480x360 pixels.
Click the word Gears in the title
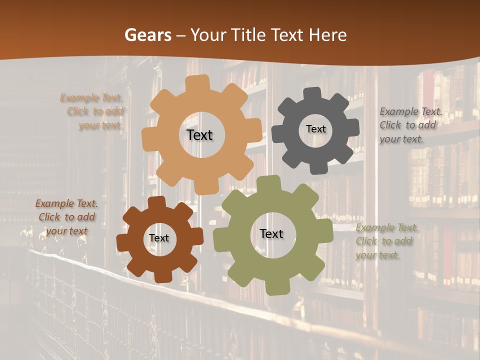pos(148,35)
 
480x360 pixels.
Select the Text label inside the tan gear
pos(199,135)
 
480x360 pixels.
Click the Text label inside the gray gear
pos(315,129)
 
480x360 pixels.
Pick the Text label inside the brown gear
pos(159,238)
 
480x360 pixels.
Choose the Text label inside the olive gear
pos(271,233)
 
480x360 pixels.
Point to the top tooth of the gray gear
pos(312,93)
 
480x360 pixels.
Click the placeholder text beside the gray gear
pos(410,125)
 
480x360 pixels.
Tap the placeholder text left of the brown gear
pos(66,217)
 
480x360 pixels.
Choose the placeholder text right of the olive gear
pos(386,241)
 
